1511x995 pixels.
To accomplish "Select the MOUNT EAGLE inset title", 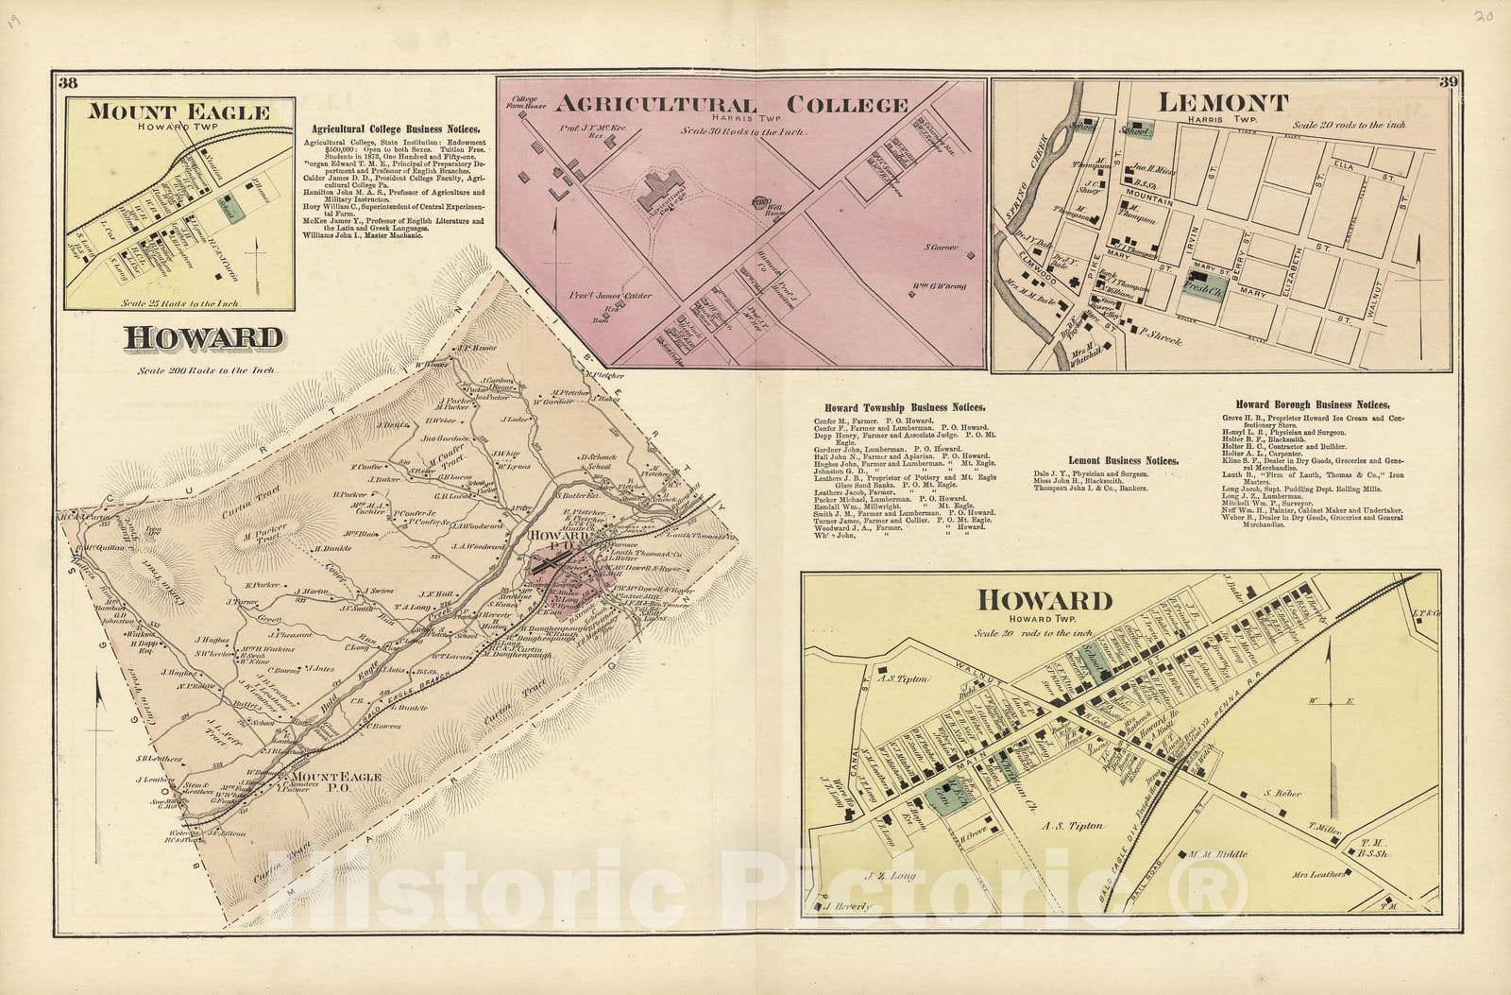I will coord(178,112).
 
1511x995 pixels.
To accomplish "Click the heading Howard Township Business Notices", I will coord(905,407).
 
